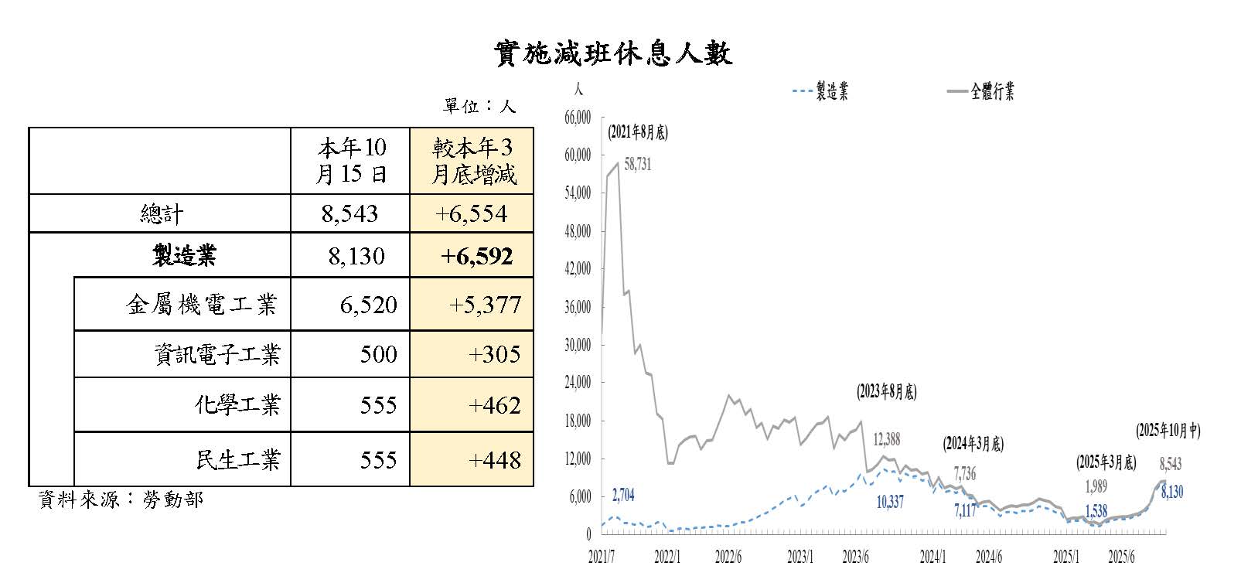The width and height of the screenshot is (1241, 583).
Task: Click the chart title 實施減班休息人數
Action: pos(612,53)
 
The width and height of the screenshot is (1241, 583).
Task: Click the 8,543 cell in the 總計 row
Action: pos(349,213)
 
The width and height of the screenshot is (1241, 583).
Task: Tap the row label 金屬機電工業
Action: pos(201,305)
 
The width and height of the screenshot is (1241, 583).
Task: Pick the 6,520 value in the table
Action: pos(368,305)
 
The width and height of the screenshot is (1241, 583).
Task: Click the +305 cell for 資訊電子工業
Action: pos(494,355)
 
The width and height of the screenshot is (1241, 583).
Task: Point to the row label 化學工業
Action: pos(237,405)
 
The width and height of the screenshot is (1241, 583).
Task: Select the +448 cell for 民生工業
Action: pos(494,460)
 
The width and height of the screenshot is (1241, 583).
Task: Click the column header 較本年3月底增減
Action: pos(472,161)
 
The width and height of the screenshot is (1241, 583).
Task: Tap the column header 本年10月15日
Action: pos(350,161)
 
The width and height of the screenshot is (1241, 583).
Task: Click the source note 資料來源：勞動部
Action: pos(121,499)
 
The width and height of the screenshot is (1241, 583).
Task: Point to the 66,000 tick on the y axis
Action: pos(579,117)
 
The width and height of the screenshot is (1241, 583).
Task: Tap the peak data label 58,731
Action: pos(637,164)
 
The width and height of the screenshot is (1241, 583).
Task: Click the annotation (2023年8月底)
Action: pos(886,392)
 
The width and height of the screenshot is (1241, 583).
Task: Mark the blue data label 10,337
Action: pos(890,503)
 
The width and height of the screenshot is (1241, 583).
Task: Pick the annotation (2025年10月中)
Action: pos(1168,431)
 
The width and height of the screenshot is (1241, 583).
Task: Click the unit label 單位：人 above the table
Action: pos(479,106)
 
